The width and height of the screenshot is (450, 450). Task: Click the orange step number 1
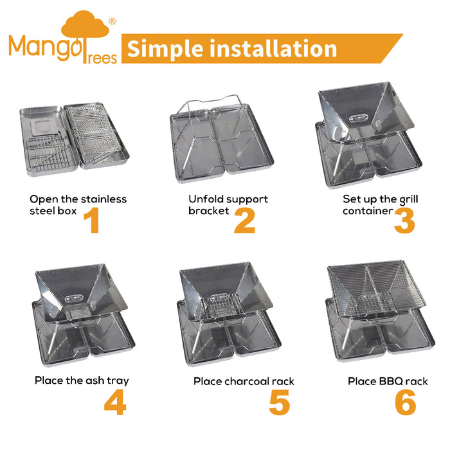(92, 220)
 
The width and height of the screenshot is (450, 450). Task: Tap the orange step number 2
(244, 220)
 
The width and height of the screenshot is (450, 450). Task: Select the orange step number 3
(404, 220)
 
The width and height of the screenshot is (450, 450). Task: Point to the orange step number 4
(115, 402)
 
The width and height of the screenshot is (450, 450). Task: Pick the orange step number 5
(280, 402)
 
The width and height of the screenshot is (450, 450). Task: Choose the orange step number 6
(405, 402)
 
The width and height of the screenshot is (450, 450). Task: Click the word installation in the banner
(273, 49)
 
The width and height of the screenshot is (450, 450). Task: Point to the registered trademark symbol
(113, 21)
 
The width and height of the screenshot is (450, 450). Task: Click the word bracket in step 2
(209, 211)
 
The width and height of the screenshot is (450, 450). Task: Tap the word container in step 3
(368, 211)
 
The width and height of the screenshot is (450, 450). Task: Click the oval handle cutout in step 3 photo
(359, 118)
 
